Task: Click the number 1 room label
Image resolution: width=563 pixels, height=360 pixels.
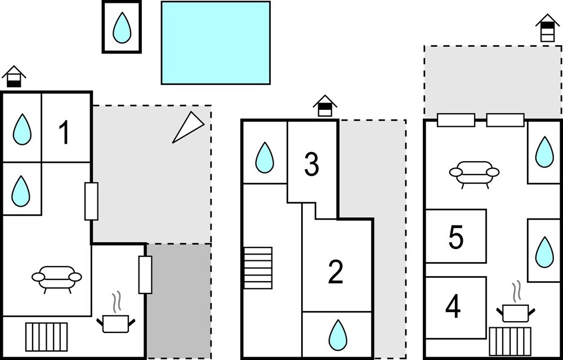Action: (x=65, y=133)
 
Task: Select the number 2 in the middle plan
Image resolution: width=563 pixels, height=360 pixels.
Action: (x=336, y=273)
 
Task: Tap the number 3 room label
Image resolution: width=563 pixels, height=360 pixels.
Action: (x=311, y=164)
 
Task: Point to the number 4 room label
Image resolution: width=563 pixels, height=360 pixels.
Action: (x=453, y=308)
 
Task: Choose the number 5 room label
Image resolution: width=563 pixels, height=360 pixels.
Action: (x=456, y=237)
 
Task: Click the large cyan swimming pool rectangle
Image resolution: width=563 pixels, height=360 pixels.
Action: (x=216, y=43)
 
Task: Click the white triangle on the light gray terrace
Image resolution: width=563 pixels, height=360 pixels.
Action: (x=187, y=127)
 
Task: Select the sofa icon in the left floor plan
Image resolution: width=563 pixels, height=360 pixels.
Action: (x=57, y=278)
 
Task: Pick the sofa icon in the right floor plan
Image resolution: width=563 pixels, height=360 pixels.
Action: (x=474, y=173)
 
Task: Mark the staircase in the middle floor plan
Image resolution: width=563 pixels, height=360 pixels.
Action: (x=258, y=268)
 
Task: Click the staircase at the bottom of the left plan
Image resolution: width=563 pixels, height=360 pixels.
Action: (x=47, y=337)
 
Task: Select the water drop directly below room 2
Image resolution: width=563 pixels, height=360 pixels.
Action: (x=337, y=334)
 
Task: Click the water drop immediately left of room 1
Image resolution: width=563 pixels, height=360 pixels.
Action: (x=22, y=129)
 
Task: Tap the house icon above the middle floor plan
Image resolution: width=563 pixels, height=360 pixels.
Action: (x=325, y=106)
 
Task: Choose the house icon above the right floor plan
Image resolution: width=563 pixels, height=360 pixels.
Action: (x=547, y=28)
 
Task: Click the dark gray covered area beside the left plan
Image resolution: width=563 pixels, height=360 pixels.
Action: (x=179, y=300)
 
